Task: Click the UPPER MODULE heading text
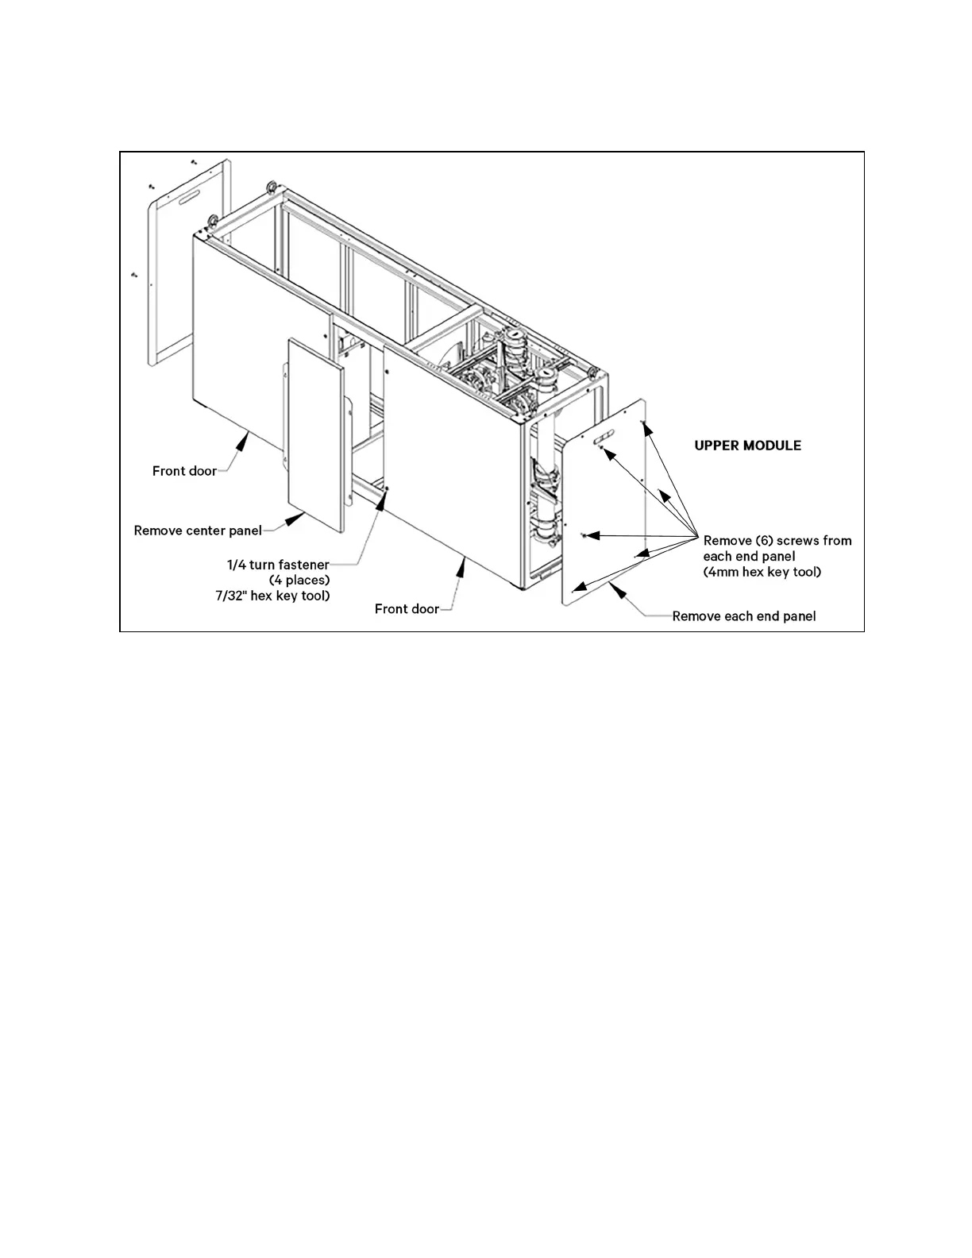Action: coord(747,446)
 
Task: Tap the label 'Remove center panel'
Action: coord(198,531)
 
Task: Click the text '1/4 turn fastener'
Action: coord(278,565)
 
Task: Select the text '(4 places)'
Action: coord(299,580)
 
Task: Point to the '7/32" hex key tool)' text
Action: coord(272,596)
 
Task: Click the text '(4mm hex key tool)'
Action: coord(762,572)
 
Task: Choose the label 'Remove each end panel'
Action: coord(744,616)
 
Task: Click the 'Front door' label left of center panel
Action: coord(184,471)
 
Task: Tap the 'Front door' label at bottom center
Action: coord(407,609)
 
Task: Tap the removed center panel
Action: coord(315,434)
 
